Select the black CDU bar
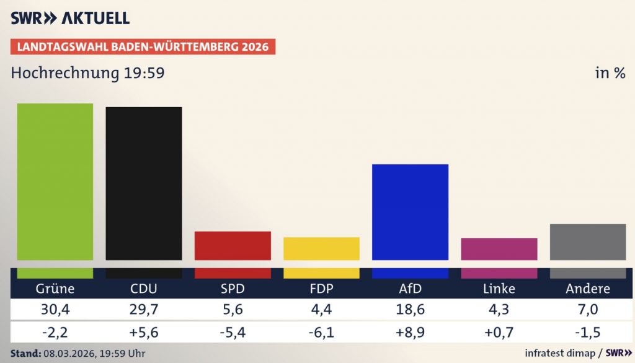pos(143,183)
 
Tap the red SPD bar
pos(233,245)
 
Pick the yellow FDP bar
pos(321,248)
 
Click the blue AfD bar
pos(410,212)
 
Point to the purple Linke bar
pos(499,249)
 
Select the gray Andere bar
pos(587,242)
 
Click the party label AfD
pos(410,289)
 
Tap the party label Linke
pos(499,289)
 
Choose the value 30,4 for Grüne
pos(55,310)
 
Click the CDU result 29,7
pos(143,310)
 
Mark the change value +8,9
pos(410,333)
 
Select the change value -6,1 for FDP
pos(321,333)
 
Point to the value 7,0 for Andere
pos(587,310)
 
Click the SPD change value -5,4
pos(233,333)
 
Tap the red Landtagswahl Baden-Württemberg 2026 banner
pos(143,47)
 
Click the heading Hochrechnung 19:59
pos(87,73)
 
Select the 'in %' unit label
pos(610,73)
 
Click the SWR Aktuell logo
pos(70,18)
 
